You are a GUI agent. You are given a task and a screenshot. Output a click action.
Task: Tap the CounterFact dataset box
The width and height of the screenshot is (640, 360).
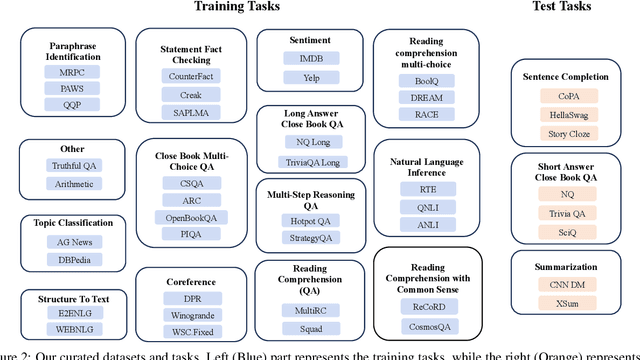point(195,75)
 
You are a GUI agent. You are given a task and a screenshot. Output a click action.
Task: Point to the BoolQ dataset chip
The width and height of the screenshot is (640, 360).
point(420,75)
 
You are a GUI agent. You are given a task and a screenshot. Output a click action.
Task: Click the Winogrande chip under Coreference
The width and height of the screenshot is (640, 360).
point(195,315)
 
